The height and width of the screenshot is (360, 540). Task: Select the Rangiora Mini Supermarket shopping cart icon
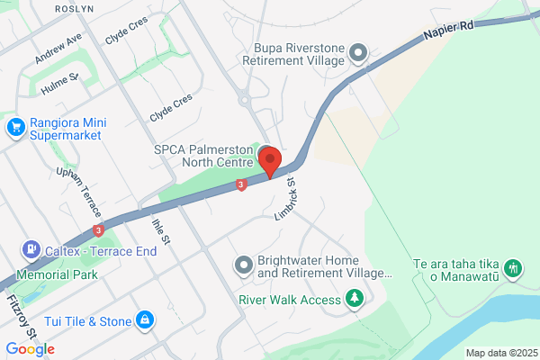(x=14, y=128)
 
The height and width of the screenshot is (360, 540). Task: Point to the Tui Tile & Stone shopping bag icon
(x=144, y=319)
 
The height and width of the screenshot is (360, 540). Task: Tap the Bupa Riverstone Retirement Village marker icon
(x=358, y=53)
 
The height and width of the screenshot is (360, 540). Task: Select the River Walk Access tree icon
(x=355, y=298)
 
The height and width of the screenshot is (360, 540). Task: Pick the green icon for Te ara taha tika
(x=512, y=267)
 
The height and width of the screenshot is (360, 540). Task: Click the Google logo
(x=30, y=348)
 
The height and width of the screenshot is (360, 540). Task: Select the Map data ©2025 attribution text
(x=500, y=353)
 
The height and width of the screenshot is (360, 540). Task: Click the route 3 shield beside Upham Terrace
(x=98, y=229)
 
